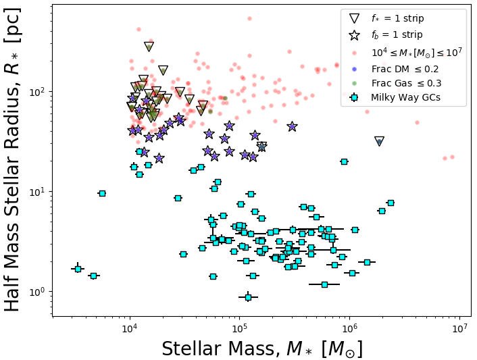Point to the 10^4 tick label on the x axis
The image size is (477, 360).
(x=130, y=329)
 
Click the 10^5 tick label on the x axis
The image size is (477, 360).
(x=239, y=329)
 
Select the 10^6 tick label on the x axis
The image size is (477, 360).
(x=349, y=329)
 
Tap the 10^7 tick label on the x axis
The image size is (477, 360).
(x=459, y=329)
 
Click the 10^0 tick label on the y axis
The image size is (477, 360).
(x=38, y=292)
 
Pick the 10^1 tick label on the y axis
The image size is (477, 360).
(x=38, y=191)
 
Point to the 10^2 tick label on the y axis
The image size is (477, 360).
(x=38, y=91)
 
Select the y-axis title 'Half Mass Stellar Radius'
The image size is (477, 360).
(x=14, y=159)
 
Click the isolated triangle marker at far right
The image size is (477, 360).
(x=380, y=141)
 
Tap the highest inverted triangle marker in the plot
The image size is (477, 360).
(x=149, y=47)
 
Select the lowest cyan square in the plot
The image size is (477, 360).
(x=248, y=297)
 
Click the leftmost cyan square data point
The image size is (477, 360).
(x=78, y=269)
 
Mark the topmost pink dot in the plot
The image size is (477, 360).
(x=249, y=19)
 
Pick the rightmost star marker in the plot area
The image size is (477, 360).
(x=292, y=126)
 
